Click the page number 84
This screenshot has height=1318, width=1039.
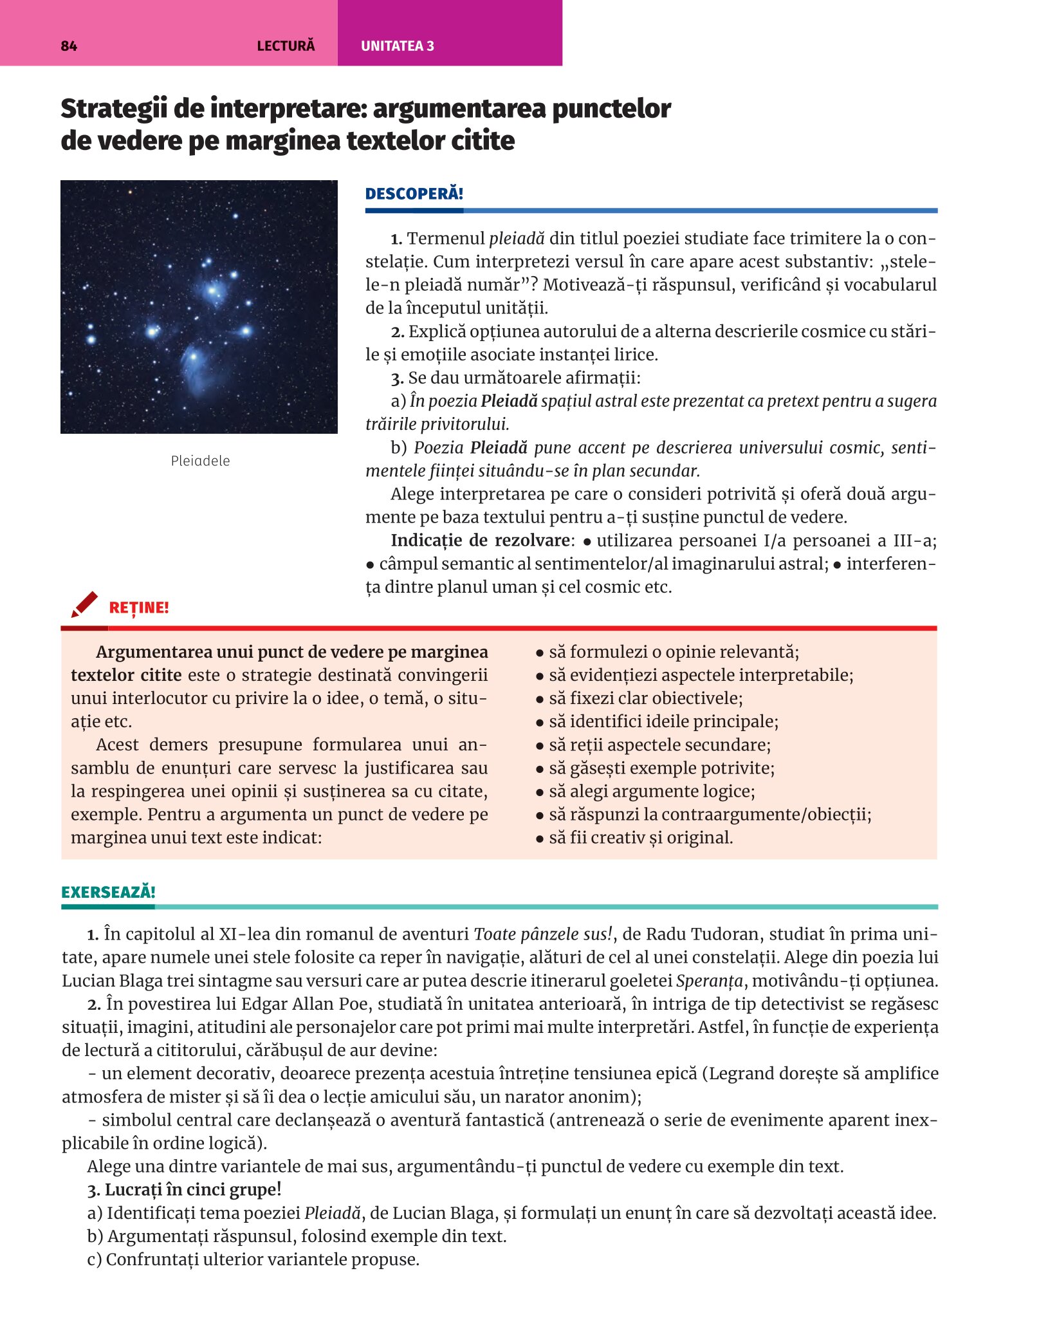pos(69,46)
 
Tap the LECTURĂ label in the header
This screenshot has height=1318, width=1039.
pos(286,46)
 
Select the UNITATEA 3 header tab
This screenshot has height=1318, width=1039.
pos(397,46)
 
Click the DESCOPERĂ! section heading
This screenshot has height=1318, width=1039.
pos(414,194)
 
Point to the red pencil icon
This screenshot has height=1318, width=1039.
pos(84,604)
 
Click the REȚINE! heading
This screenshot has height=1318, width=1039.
pos(139,608)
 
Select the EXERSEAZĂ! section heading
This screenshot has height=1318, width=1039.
pos(108,892)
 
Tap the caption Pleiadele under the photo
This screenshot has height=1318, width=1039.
pos(200,461)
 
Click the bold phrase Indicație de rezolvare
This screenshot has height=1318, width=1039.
pos(480,540)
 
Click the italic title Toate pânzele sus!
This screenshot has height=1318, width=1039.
pos(544,934)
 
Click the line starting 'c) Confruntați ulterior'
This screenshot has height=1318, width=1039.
pos(253,1259)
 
